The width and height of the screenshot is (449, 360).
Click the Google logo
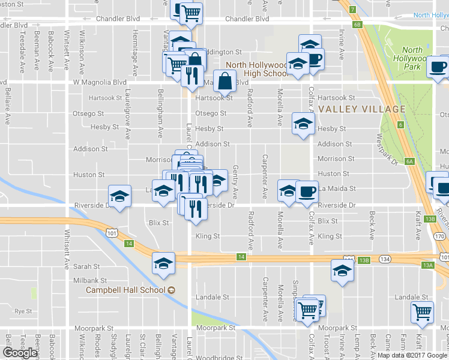tap(20, 353)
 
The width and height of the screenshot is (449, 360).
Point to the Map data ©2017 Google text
tap(412, 355)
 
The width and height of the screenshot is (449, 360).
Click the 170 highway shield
tap(440, 236)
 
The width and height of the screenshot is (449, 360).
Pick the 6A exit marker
tap(410, 161)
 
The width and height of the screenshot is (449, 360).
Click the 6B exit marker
tap(358, 25)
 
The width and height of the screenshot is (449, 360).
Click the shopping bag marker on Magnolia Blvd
tap(224, 80)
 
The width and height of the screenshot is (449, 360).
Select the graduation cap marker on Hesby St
tap(303, 124)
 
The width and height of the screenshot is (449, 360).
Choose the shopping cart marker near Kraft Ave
tap(423, 313)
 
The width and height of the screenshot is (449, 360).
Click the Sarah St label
tap(86, 266)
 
